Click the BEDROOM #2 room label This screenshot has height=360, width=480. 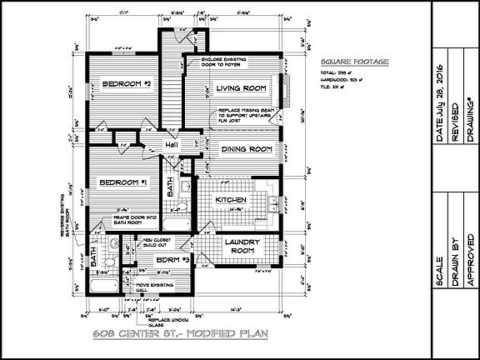click(x=124, y=85)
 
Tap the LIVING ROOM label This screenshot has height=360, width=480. click(x=240, y=88)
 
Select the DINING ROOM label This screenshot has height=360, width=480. click(x=247, y=149)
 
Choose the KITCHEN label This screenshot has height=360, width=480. click(x=228, y=201)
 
